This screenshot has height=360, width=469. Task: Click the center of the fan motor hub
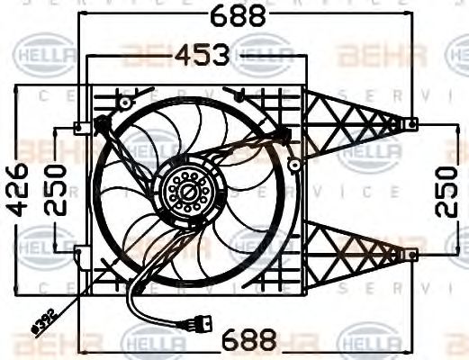pyautogui.click(x=187, y=191)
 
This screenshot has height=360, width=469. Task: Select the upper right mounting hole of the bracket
pyautogui.click(x=412, y=123)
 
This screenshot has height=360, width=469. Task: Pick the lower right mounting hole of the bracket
pyautogui.click(x=412, y=255)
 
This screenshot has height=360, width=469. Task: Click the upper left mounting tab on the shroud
pyautogui.click(x=81, y=127)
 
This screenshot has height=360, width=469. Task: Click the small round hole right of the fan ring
pyautogui.click(x=294, y=163)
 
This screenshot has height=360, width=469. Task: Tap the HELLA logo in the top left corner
pyautogui.click(x=43, y=58)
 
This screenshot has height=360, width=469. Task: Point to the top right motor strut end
pyautogui.click(x=286, y=134)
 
